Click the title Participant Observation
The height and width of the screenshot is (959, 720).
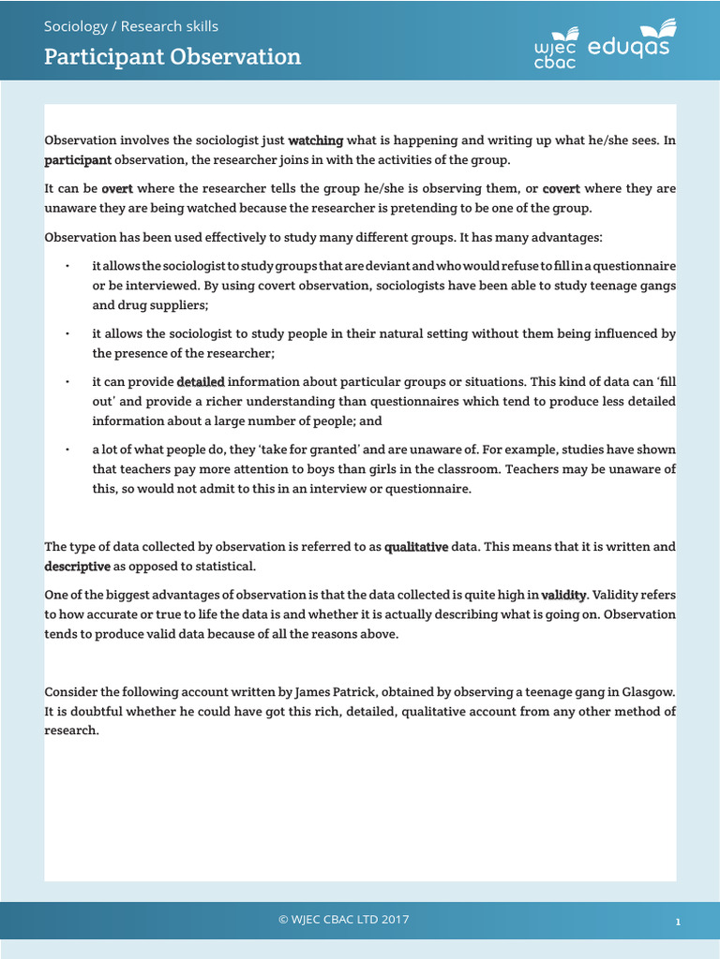pos(172,56)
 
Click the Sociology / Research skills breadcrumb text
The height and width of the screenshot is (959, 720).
pos(131,25)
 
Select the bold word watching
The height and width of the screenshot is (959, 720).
pos(316,140)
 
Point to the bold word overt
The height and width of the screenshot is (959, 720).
pos(117,188)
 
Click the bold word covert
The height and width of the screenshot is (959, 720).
pos(562,188)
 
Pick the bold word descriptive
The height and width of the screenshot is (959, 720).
pos(78,566)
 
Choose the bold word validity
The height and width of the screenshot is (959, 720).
pos(563,594)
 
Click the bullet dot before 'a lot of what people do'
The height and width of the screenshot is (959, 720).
pos(67,450)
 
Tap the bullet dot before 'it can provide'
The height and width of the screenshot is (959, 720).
pos(67,382)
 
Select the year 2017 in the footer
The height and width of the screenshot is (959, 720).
pos(394,920)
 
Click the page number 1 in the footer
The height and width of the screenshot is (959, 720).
pos(677,922)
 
